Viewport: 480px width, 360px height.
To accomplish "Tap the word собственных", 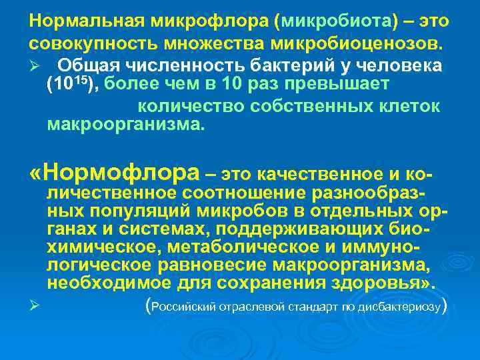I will click(x=303, y=107).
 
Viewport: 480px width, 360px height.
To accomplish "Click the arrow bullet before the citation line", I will click(x=34, y=307).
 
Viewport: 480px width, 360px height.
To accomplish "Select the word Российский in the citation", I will click(x=183, y=308).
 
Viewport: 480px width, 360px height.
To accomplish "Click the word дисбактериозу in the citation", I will click(x=406, y=308).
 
